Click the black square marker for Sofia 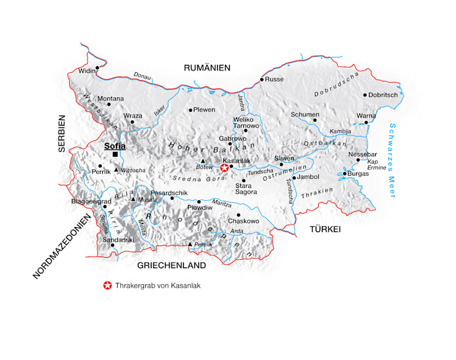[x=115, y=154]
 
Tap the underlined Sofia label [x=115, y=146]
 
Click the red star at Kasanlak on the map [x=225, y=167]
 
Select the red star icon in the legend [x=108, y=285]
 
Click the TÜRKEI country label [x=325, y=229]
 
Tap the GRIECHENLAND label [x=171, y=266]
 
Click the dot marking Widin [x=97, y=68]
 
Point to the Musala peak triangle [x=132, y=198]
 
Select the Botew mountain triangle [x=203, y=160]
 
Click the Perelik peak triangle [x=190, y=244]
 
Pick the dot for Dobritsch [x=365, y=95]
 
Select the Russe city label [x=275, y=79]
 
